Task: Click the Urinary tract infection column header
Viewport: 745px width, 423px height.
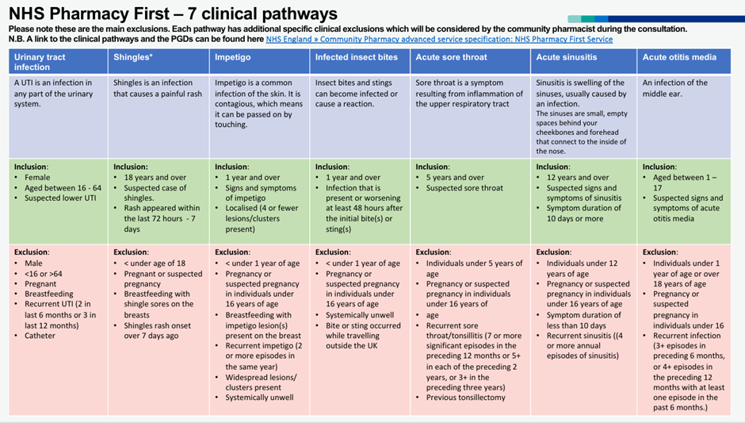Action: [40, 62]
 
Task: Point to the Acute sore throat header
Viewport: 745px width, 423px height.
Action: [451, 57]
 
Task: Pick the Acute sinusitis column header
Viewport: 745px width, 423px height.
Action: [567, 57]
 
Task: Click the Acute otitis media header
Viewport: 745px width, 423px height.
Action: [679, 57]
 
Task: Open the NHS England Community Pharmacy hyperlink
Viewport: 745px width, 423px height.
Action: [439, 39]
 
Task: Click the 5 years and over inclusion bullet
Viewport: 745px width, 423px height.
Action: [455, 178]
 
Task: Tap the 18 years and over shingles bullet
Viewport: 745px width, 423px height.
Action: [155, 178]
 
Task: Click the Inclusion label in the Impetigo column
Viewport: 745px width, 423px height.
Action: [233, 167]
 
